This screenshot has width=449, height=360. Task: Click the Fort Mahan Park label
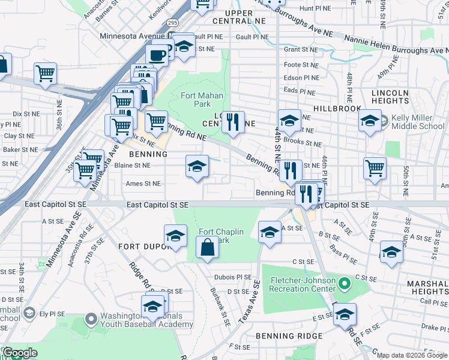pyautogui.click(x=202, y=100)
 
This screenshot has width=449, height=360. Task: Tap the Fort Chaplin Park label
pyautogui.click(x=214, y=236)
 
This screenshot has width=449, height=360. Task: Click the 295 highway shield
pyautogui.click(x=173, y=23)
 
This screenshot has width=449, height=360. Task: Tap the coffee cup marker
pyautogui.click(x=157, y=55)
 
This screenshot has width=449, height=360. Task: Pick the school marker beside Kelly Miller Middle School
pyautogui.click(x=370, y=119)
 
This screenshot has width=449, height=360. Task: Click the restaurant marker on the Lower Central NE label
pyautogui.click(x=233, y=122)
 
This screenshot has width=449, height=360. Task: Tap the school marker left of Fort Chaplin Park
pyautogui.click(x=175, y=236)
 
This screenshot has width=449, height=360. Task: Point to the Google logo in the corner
pyautogui.click(x=19, y=353)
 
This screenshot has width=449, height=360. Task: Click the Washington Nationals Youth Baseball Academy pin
pyautogui.click(x=91, y=319)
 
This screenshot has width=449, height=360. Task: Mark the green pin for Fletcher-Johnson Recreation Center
pyautogui.click(x=345, y=282)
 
